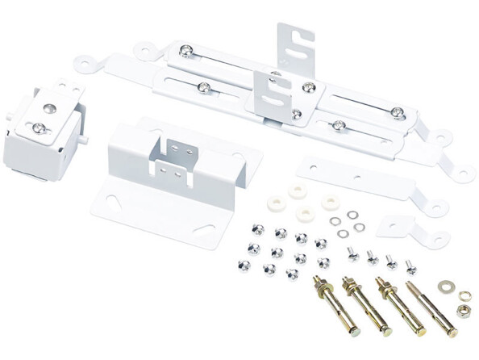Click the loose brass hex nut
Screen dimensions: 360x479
pyautogui.click(x=464, y=310)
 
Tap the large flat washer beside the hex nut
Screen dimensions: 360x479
pyautogui.click(x=446, y=287)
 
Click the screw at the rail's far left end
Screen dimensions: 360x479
pyautogui.click(x=186, y=52)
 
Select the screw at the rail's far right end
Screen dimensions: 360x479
pyautogui.click(x=397, y=112)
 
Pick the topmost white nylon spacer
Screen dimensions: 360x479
pyautogui.click(x=297, y=191)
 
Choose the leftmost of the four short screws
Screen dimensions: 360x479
pyautogui.click(x=353, y=254)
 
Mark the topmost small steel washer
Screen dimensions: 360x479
pyautogui.click(x=352, y=215)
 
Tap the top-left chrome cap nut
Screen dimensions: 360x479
pyautogui.click(x=258, y=229)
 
